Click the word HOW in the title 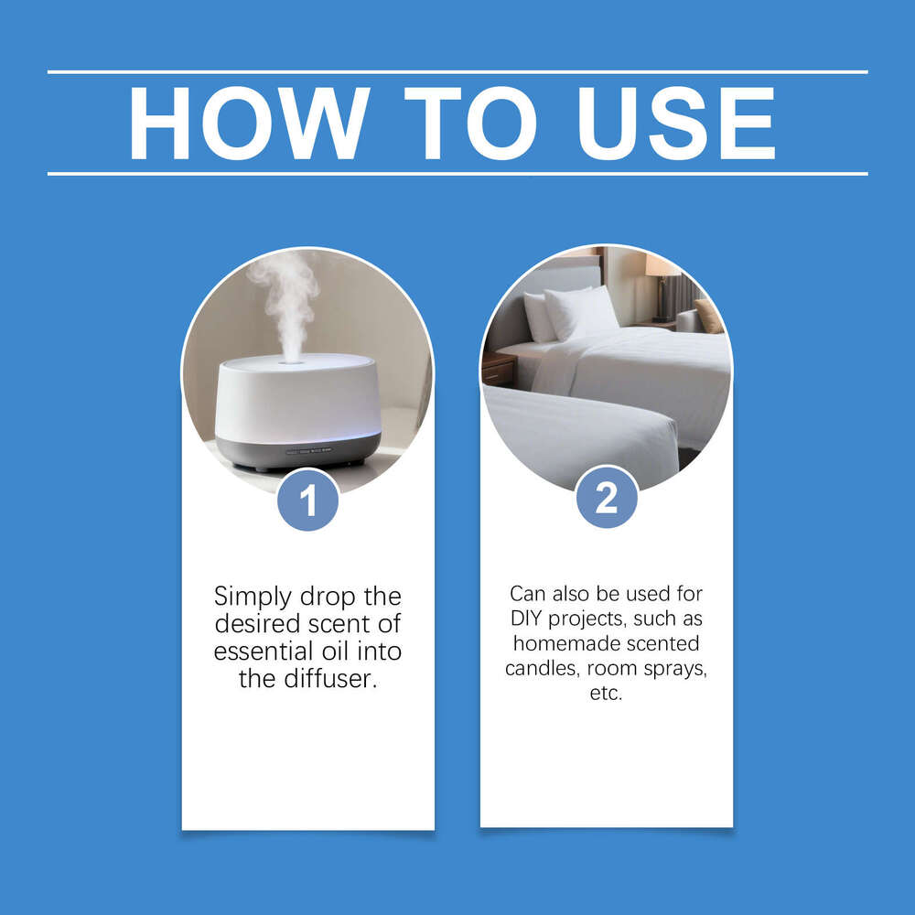[249, 124]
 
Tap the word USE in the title [677, 124]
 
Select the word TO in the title [470, 124]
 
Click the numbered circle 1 [308, 501]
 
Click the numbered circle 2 [607, 498]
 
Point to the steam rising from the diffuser [285, 304]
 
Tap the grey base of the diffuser [297, 452]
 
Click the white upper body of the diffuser [297, 398]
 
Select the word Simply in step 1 [253, 597]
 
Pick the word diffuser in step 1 [330, 679]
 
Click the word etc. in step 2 [607, 694]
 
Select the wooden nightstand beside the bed [499, 369]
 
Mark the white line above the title [457, 72]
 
